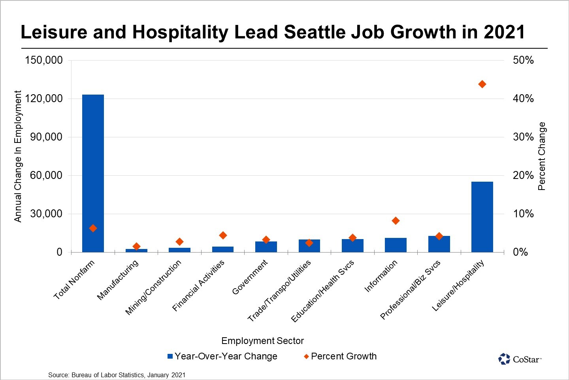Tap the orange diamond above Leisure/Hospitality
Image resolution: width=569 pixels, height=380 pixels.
(x=482, y=84)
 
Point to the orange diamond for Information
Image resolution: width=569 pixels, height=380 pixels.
(x=396, y=220)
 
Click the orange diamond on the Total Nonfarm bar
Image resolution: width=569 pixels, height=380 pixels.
(x=93, y=228)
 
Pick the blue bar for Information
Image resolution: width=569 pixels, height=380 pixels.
(x=396, y=245)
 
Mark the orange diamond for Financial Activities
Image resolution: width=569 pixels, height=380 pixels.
(x=223, y=235)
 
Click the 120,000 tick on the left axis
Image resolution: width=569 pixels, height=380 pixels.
(x=44, y=99)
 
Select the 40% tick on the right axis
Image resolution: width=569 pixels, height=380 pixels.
(x=523, y=99)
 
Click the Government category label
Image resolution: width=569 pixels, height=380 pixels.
(x=250, y=277)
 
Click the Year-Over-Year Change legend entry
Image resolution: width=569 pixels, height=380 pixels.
(x=222, y=356)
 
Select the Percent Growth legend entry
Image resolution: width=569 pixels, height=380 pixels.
(x=340, y=356)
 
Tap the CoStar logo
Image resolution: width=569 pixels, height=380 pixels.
(x=520, y=359)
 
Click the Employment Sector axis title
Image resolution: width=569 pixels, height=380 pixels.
(x=262, y=341)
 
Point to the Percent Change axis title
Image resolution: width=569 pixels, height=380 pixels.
(x=542, y=156)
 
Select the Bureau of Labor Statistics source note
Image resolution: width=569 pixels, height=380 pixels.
(x=117, y=375)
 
